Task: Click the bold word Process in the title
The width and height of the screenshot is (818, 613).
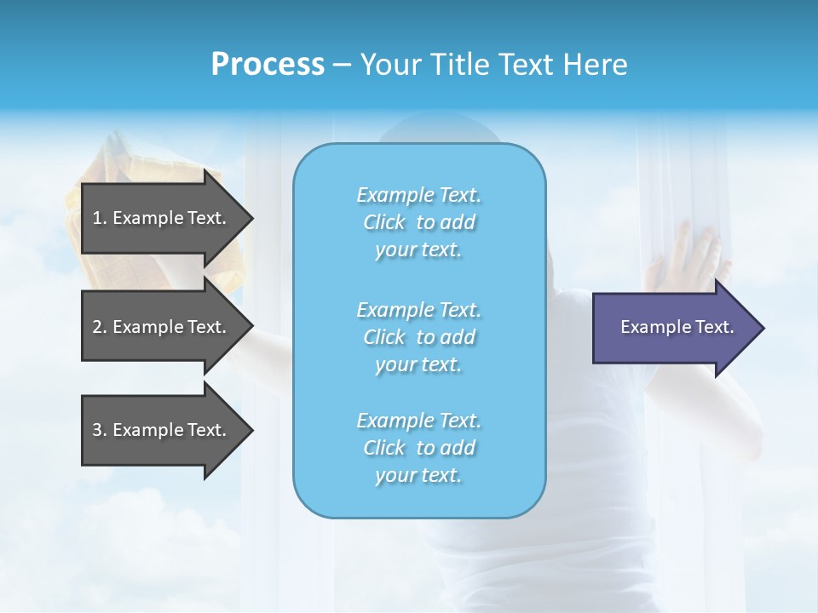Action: [268, 65]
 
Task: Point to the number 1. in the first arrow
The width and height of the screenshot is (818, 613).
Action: [100, 218]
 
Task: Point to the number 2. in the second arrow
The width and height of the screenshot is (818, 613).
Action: [100, 327]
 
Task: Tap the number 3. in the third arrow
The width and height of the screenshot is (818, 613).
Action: [100, 430]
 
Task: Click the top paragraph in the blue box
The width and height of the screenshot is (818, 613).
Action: [418, 222]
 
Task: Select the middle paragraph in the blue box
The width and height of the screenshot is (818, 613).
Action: [418, 337]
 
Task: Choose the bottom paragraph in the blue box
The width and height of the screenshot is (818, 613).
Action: [418, 448]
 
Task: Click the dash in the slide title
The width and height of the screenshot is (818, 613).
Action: [342, 65]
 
